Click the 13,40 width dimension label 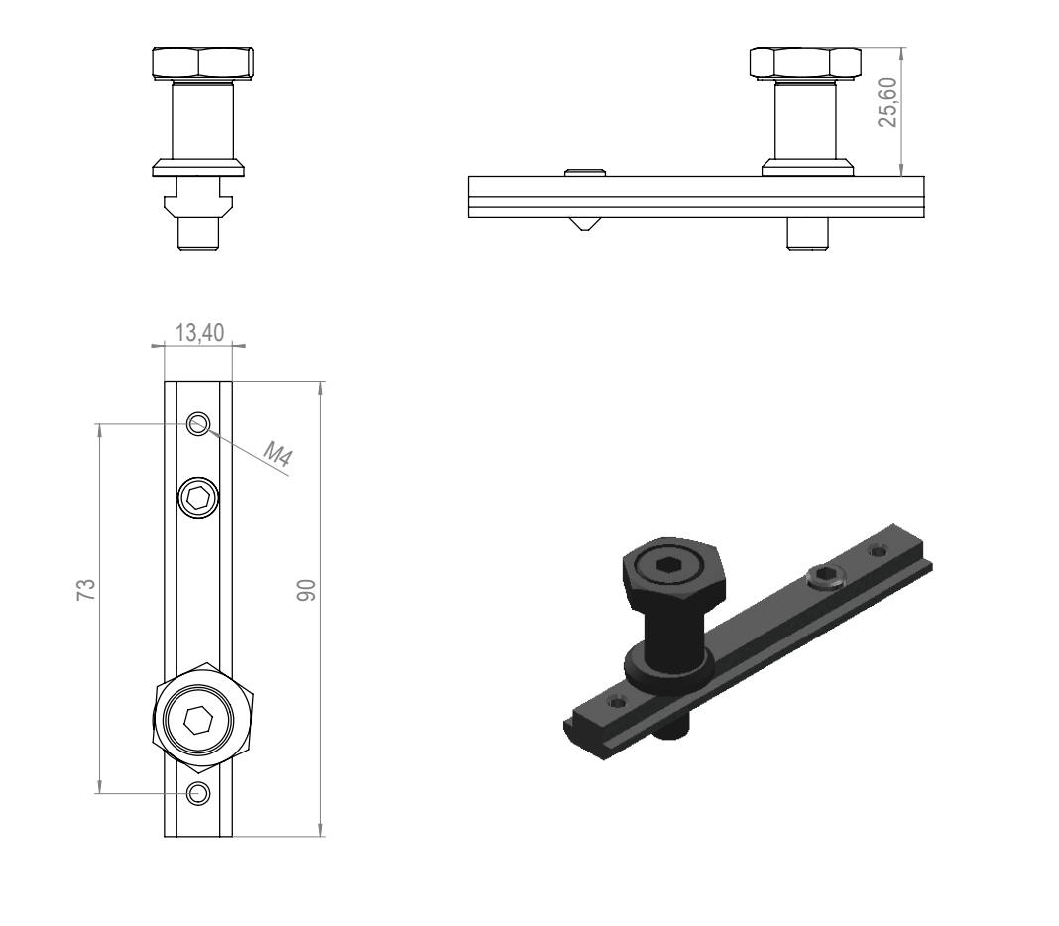click(x=199, y=332)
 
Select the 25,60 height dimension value click(x=887, y=102)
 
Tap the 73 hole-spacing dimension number click(x=86, y=590)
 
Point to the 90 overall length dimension click(x=306, y=590)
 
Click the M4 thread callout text click(x=277, y=454)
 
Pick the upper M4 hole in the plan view click(x=198, y=424)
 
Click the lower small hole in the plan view click(x=198, y=793)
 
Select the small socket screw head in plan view click(x=198, y=499)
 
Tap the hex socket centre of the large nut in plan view click(x=198, y=720)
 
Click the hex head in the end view click(x=202, y=64)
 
